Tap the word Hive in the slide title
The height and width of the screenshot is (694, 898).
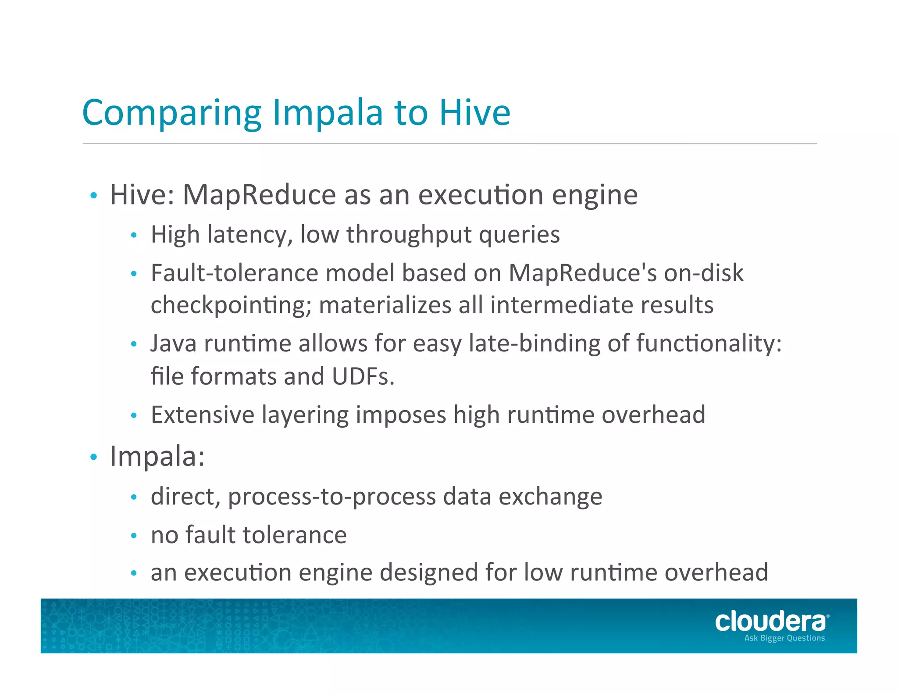tap(474, 112)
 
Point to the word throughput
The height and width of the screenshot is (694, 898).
tap(409, 235)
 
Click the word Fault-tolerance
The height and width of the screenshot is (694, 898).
tap(234, 273)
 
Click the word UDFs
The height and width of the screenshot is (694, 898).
tap(363, 376)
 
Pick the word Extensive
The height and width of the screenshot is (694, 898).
tap(202, 415)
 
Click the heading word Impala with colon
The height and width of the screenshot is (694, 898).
tap(157, 456)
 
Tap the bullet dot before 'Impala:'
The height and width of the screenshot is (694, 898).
tap(93, 457)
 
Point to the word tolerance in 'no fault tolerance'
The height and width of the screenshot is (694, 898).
tap(294, 535)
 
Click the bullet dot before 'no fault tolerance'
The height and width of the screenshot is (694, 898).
tap(134, 536)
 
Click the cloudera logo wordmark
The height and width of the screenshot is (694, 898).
tap(771, 622)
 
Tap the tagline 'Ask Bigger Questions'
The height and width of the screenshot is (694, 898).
tap(784, 638)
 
